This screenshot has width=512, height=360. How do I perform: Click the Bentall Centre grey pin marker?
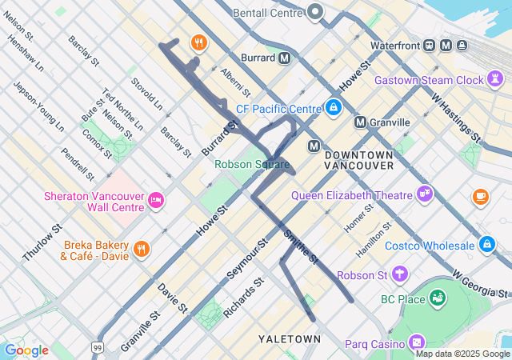coord(315,12)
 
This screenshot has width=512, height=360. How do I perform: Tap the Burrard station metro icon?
coord(284,58)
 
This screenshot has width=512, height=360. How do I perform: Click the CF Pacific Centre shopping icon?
coord(334,107)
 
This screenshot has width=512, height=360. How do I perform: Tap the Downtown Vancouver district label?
coord(359,159)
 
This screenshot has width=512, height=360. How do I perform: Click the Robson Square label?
coord(252,164)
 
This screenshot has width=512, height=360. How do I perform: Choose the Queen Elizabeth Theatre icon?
coord(424,194)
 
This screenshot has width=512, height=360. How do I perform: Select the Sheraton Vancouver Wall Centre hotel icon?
coord(155,202)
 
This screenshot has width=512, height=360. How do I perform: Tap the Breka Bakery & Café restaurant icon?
coord(142,249)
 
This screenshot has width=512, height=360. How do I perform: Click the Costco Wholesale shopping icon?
coord(487,244)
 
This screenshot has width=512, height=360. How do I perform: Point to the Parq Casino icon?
coord(416,343)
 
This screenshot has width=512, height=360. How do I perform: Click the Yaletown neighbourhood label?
coord(289,339)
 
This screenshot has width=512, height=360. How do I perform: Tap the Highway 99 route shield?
coord(97,347)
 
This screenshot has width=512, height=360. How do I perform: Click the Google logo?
coord(26,350)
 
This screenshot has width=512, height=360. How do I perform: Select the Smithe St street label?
coord(301,247)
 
